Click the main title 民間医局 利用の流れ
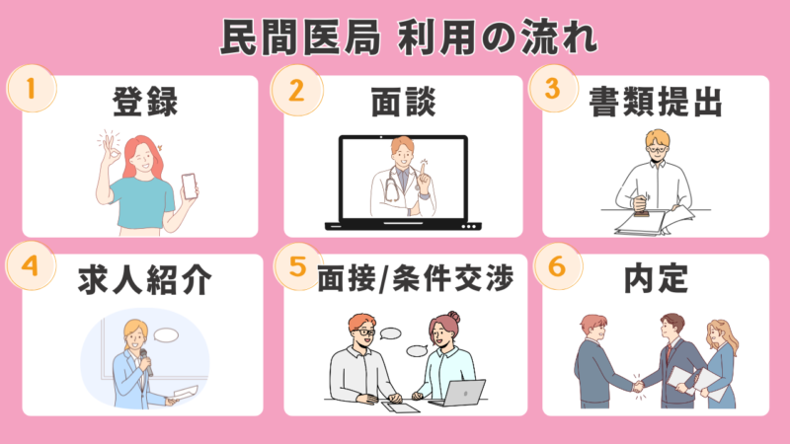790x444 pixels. pos(409,37)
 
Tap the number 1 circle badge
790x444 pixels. pos(32,89)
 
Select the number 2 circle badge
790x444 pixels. pos(296,91)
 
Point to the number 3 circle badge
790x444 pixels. pos(553,89)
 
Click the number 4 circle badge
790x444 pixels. pos(31,265)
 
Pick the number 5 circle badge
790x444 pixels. pos(298,266)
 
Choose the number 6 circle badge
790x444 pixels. pos(557,265)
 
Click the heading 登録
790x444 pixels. pos(145,102)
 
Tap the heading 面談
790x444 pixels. pos(403,102)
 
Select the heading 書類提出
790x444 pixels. pos(656,102)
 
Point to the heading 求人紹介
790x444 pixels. pos(145,280)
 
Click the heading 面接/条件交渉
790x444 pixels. pos(415,278)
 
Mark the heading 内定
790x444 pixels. pos(656,279)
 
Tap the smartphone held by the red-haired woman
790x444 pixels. pos(189,185)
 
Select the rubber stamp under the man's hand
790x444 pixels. pos(641,208)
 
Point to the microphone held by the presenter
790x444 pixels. pos(146,362)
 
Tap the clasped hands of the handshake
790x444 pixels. pos(638,387)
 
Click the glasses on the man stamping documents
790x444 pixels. pos(657,149)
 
